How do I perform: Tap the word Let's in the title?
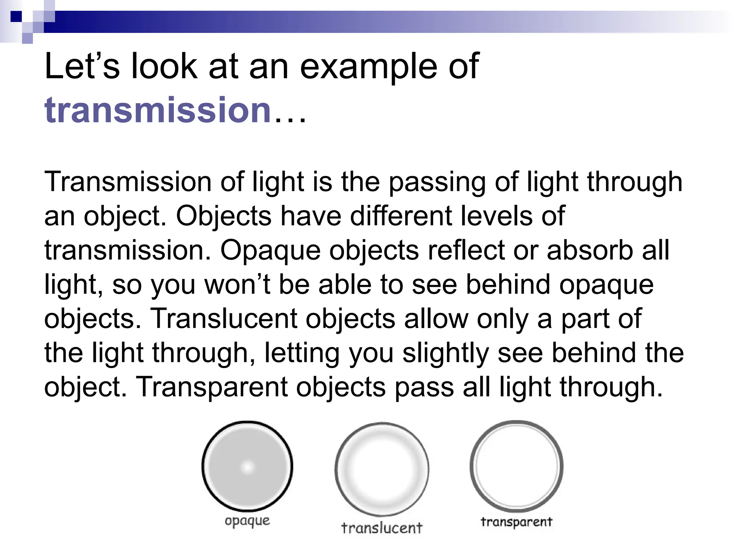[x=82, y=66]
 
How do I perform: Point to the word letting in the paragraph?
[x=302, y=353]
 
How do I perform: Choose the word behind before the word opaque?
[x=508, y=285]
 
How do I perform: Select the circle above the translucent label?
[x=382, y=469]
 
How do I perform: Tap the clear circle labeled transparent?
[x=516, y=466]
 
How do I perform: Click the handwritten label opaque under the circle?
[x=247, y=521]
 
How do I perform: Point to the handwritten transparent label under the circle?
[x=516, y=522]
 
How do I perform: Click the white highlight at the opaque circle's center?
[x=247, y=467]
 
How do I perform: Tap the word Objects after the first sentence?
[x=224, y=216]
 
